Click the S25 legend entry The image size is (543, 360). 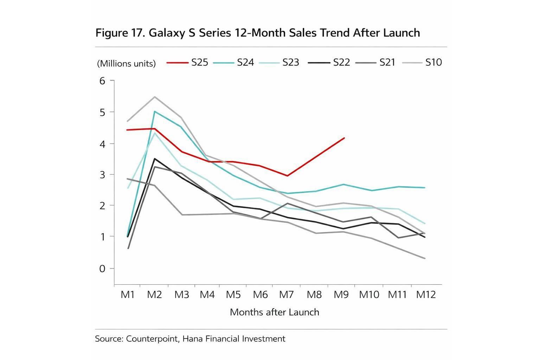[187, 63]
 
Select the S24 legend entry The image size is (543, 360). [234, 63]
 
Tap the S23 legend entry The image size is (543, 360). [279, 63]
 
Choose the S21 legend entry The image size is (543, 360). [375, 63]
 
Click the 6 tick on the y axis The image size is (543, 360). [102, 81]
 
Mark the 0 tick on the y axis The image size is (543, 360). [102, 269]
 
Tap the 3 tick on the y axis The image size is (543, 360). [102, 175]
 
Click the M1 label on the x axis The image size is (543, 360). [128, 295]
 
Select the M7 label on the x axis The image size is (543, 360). [286, 295]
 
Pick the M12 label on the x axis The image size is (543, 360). [426, 295]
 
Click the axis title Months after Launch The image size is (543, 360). [274, 312]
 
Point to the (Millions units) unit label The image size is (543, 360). [126, 64]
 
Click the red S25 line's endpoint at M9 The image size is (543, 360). [344, 138]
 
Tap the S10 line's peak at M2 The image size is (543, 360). [155, 97]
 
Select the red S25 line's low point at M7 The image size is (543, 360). [287, 176]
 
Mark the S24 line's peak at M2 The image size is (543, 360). [155, 111]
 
